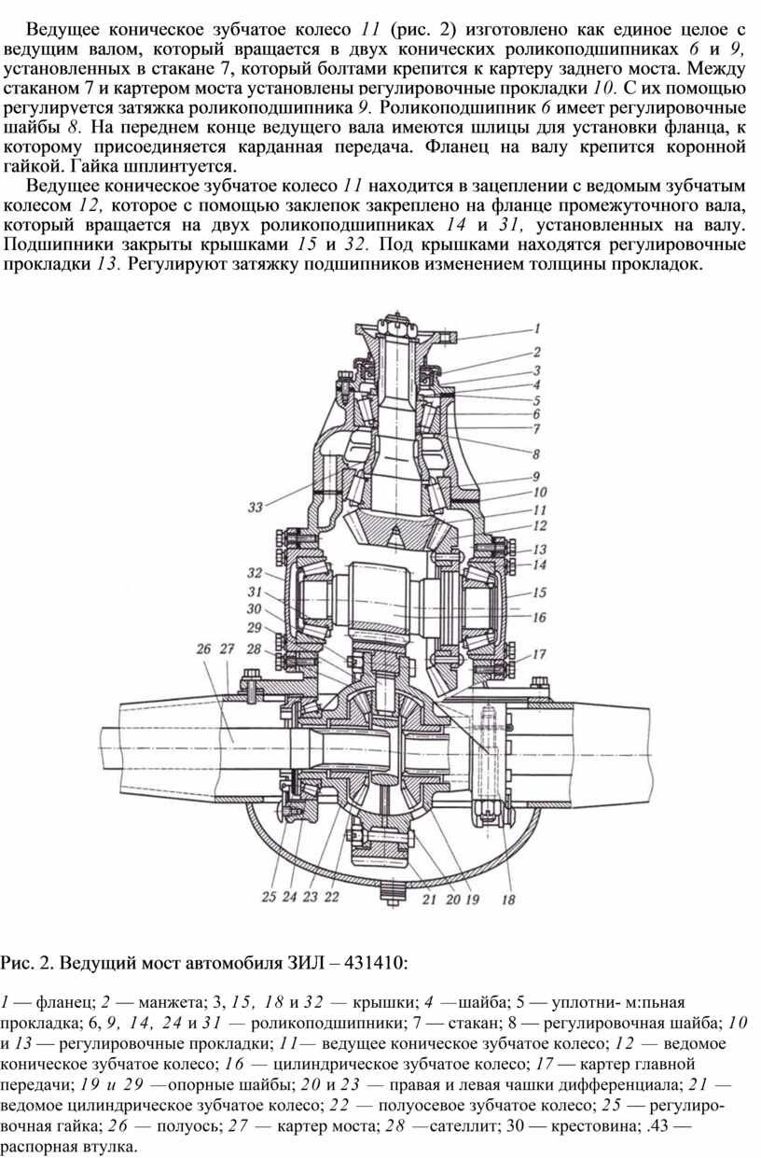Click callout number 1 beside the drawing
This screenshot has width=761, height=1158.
537,328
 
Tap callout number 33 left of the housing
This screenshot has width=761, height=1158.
256,507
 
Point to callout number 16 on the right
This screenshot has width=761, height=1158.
539,617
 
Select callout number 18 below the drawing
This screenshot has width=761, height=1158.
508,900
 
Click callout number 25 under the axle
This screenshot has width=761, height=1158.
270,897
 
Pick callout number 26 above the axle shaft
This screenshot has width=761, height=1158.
204,649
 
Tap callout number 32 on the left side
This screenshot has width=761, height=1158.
255,573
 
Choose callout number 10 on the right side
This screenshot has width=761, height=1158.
539,492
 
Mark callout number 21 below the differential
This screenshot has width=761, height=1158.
429,900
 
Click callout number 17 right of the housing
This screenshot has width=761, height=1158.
539,654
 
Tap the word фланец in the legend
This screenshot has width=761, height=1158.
64,1003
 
